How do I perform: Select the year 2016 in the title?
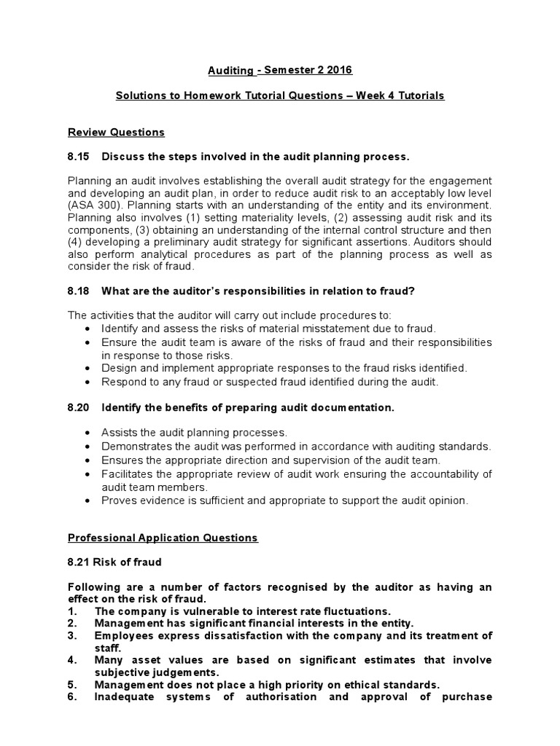click(338, 71)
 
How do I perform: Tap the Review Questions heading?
click(116, 132)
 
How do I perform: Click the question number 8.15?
click(79, 157)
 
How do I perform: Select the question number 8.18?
click(79, 291)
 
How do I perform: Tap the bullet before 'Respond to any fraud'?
click(88, 381)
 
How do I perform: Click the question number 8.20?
click(79, 407)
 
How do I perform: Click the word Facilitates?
click(126, 474)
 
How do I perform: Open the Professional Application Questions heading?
click(163, 538)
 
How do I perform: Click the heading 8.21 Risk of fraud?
click(114, 562)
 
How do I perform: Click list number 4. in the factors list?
click(73, 660)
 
